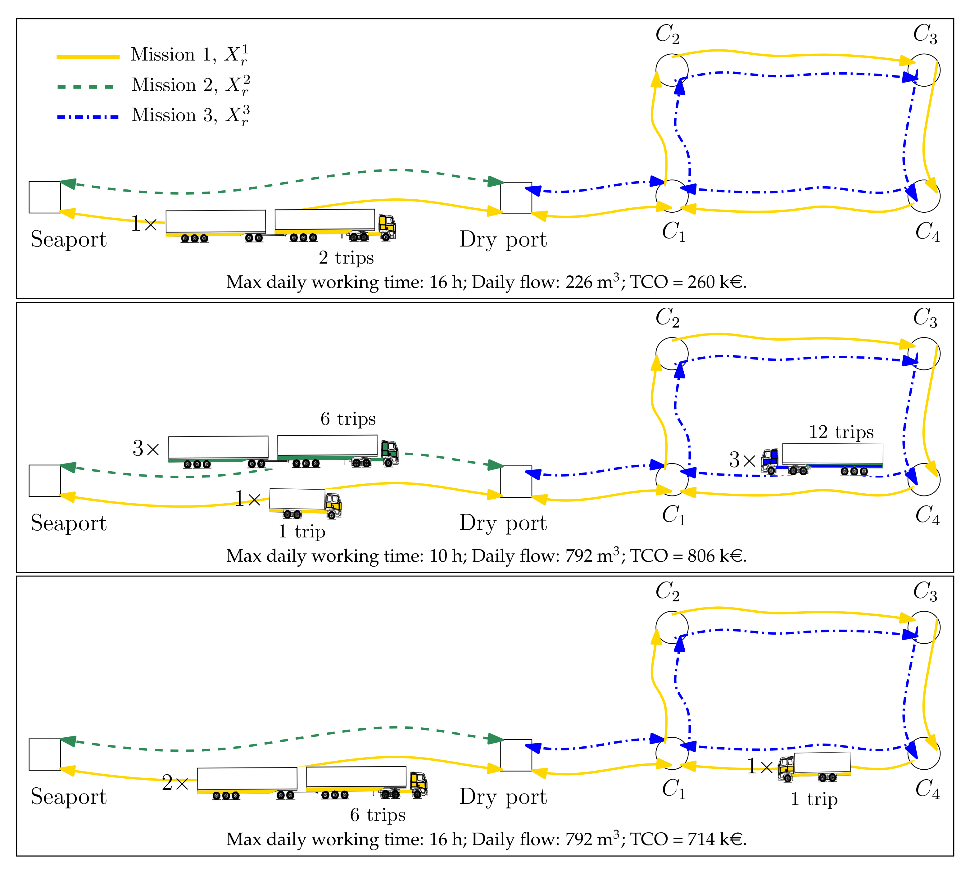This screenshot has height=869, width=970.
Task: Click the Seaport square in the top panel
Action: (45, 197)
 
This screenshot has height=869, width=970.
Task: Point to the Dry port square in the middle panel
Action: (516, 481)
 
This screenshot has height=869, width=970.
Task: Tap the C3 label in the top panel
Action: (925, 34)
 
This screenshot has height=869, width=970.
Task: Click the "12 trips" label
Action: (841, 432)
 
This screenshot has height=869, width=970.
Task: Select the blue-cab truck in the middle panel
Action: (822, 459)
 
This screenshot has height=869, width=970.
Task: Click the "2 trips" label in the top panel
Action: (346, 258)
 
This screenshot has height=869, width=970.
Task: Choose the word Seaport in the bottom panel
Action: (69, 797)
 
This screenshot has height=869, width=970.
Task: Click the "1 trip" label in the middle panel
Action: (302, 532)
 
